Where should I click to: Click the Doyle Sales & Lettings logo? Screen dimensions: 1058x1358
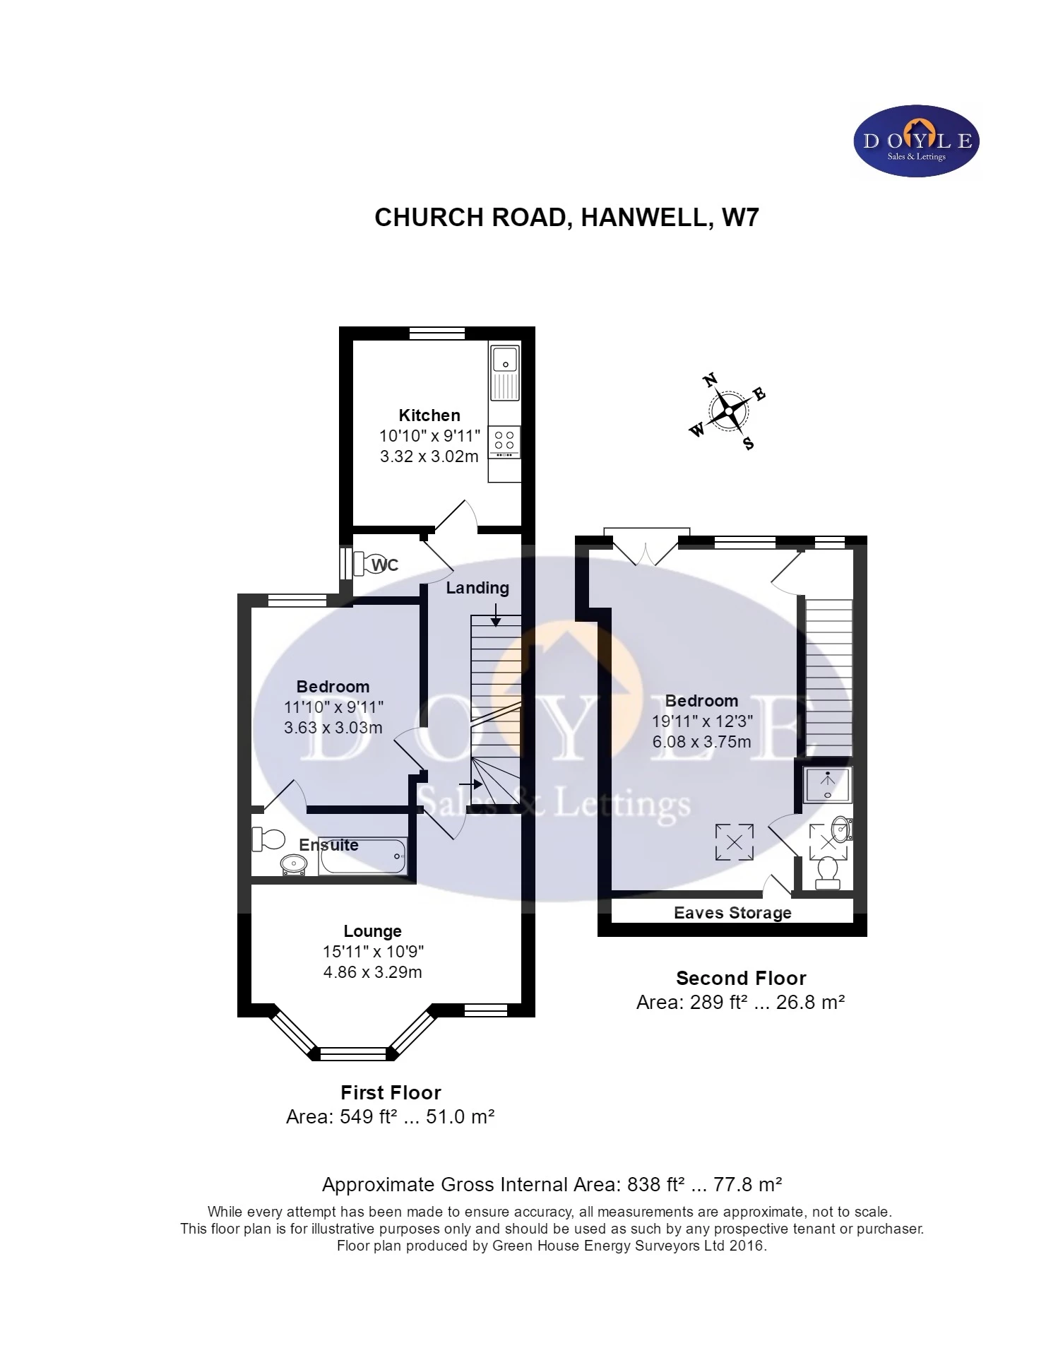tap(916, 141)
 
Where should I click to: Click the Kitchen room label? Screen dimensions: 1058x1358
tap(429, 415)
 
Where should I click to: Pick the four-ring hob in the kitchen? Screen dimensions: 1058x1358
tap(504, 440)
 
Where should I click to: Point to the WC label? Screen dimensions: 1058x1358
tap(385, 565)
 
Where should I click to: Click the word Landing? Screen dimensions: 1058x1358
tap(477, 588)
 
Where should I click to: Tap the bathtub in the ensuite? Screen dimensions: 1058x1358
tap(362, 856)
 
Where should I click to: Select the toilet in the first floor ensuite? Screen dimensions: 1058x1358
tap(268, 839)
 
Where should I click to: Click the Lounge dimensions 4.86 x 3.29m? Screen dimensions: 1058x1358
tap(372, 972)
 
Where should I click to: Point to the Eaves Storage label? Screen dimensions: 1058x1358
tap(732, 913)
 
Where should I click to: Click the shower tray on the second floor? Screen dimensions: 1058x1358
tap(827, 785)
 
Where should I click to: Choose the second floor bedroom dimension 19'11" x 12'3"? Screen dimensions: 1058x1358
tap(702, 721)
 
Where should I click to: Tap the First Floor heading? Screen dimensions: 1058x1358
tap(391, 1093)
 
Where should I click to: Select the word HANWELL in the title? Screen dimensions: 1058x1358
tap(646, 218)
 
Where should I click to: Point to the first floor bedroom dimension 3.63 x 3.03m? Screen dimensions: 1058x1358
tap(333, 728)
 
